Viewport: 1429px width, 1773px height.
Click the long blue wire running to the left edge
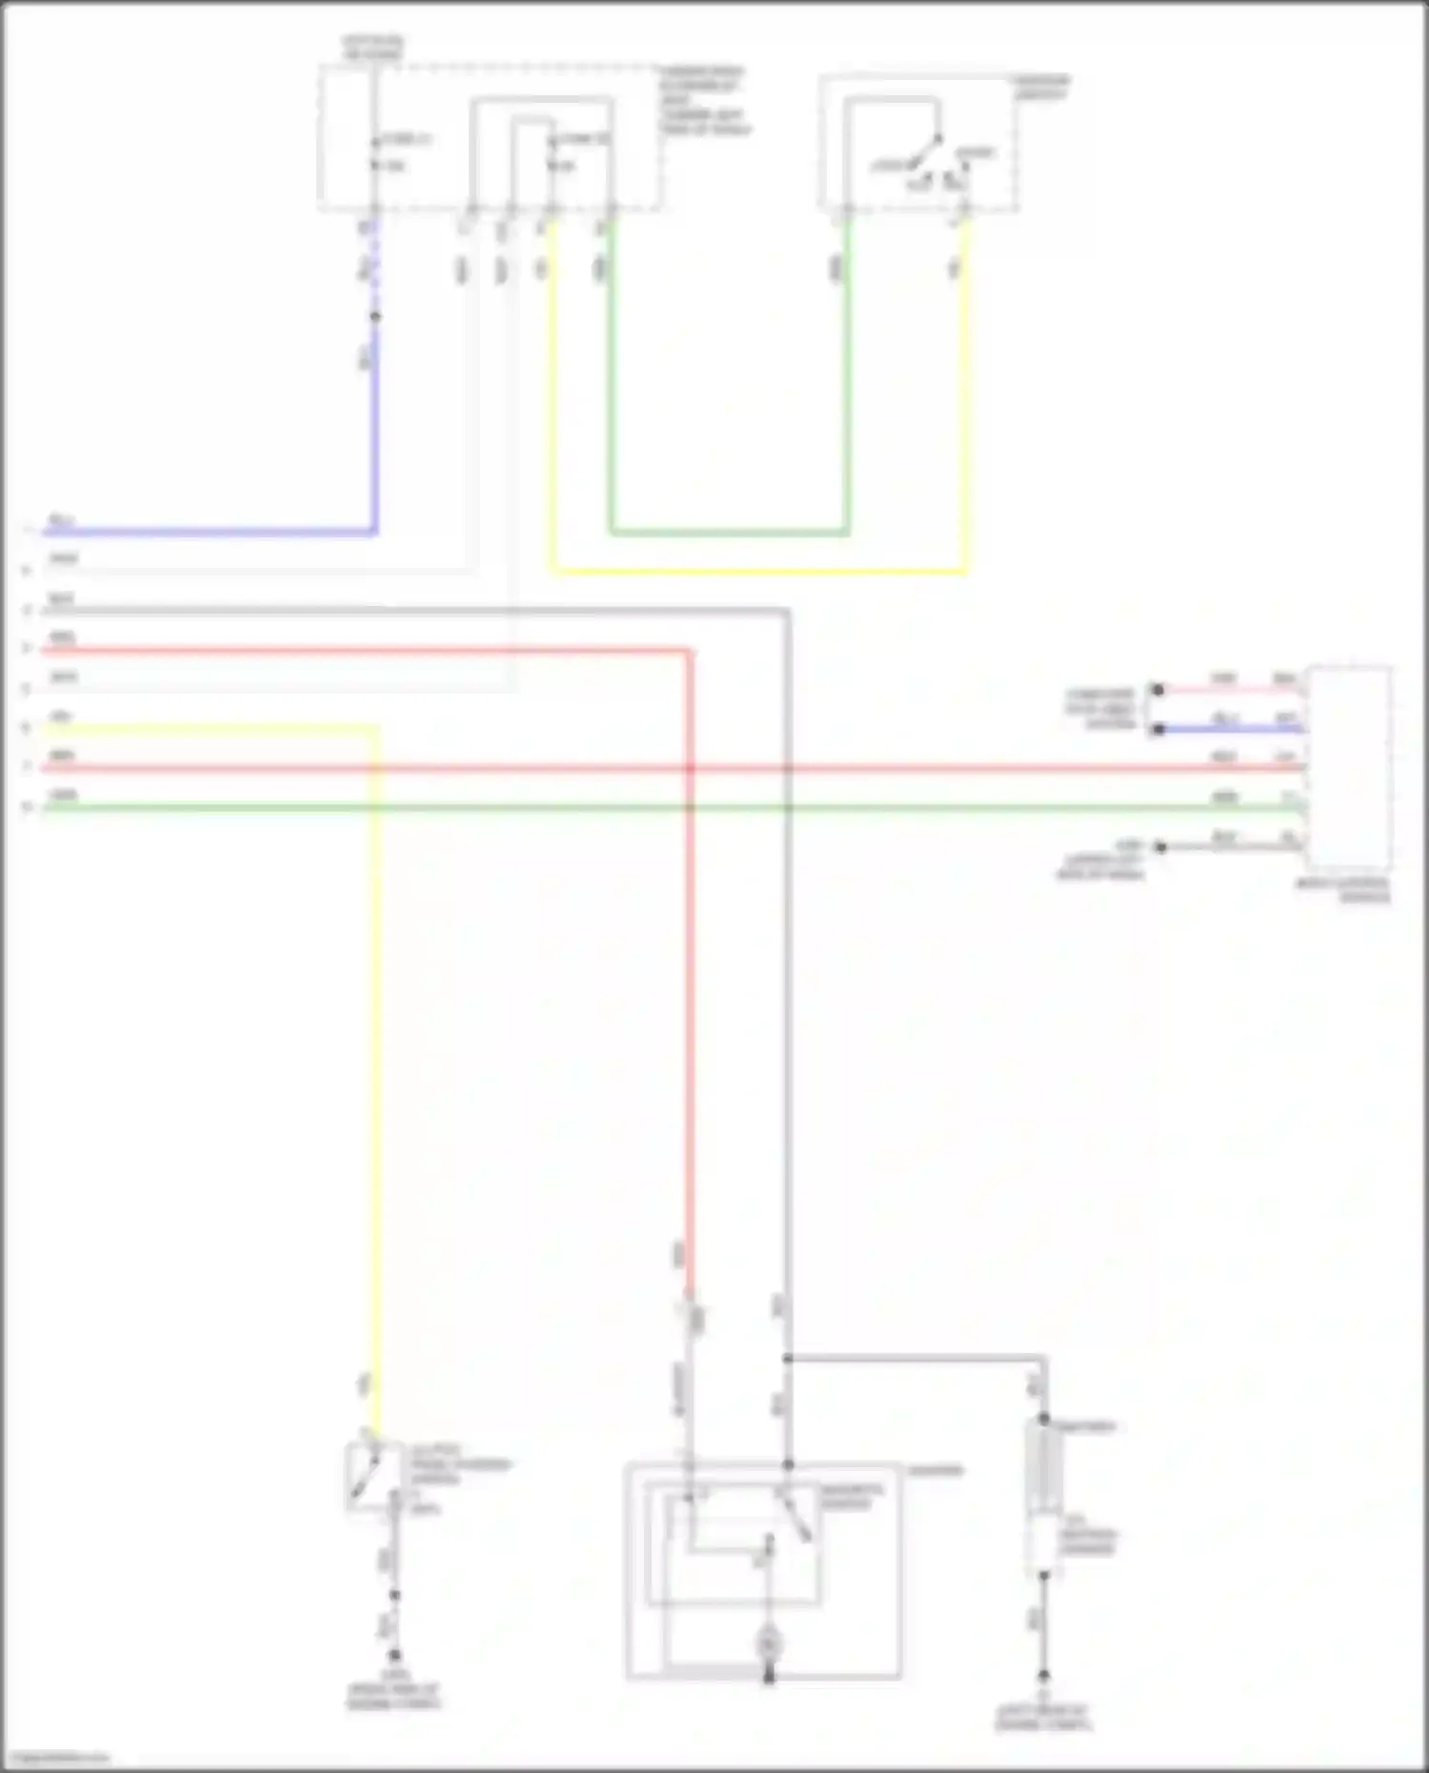tap(210, 532)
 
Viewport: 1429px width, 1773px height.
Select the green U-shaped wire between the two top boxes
tap(729, 532)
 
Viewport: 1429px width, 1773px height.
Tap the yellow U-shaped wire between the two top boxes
tap(757, 572)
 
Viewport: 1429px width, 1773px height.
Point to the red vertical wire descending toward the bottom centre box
tap(689, 953)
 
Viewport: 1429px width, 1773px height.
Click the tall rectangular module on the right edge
tap(1348, 768)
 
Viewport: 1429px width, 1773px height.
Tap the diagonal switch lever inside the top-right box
tap(924, 152)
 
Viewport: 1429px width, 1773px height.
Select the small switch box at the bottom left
tap(373, 1477)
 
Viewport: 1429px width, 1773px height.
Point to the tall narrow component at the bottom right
tap(1043, 1496)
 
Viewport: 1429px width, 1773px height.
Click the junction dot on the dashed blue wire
tap(375, 316)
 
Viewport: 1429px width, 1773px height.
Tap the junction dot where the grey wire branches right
tap(788, 1359)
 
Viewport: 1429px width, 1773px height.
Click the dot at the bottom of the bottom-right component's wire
tap(1043, 1675)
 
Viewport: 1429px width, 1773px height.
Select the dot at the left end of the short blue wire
tap(1157, 729)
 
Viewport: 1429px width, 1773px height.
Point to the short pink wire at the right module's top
tap(1229, 689)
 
